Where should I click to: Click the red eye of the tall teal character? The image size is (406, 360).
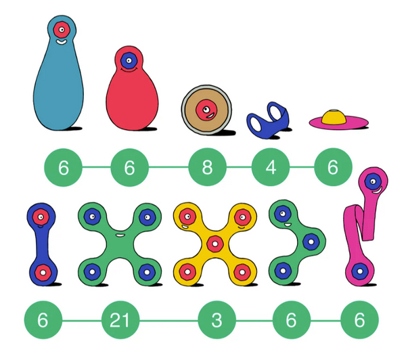pyautogui.click(x=62, y=30)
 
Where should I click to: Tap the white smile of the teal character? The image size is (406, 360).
pyautogui.click(x=62, y=42)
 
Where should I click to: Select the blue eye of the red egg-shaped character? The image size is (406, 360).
pyautogui.click(x=129, y=61)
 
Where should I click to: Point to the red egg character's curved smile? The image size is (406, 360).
pyautogui.click(x=129, y=70)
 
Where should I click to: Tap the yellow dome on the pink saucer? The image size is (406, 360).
pyautogui.click(x=334, y=117)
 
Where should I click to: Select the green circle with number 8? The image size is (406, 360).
pyautogui.click(x=207, y=167)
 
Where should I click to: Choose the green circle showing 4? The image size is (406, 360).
pyautogui.click(x=271, y=167)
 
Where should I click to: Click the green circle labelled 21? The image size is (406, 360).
pyautogui.click(x=120, y=320)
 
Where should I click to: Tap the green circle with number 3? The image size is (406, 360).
pyautogui.click(x=217, y=320)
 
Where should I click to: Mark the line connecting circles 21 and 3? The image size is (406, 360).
pyautogui.click(x=168, y=321)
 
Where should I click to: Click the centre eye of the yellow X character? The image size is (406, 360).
pyautogui.click(x=215, y=244)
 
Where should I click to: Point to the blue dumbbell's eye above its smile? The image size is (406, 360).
pyautogui.click(x=41, y=217)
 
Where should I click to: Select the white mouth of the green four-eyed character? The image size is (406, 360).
pyautogui.click(x=120, y=235)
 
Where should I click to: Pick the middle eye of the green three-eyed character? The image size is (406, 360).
pyautogui.click(x=311, y=242)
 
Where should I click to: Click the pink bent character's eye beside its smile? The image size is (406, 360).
pyautogui.click(x=373, y=181)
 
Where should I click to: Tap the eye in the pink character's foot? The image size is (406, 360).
pyautogui.click(x=360, y=271)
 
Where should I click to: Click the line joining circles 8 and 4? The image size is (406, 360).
pyautogui.click(x=239, y=167)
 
